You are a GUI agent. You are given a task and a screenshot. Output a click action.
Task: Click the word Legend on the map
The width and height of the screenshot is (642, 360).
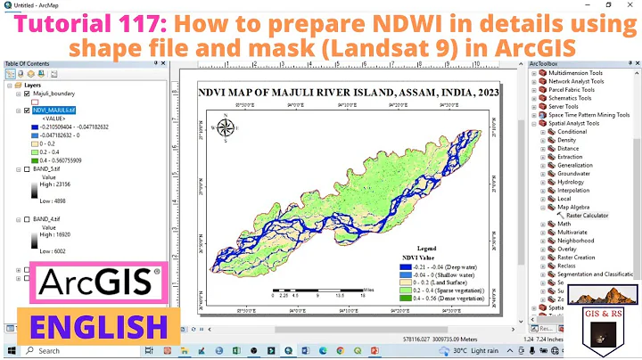(428, 248)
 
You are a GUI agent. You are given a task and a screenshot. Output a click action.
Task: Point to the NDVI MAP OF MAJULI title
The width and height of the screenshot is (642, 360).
(350, 93)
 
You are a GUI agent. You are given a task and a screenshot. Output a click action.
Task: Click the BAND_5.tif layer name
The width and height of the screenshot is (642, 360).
(46, 168)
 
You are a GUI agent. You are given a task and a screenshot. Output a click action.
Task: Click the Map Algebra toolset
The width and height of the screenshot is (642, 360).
(575, 207)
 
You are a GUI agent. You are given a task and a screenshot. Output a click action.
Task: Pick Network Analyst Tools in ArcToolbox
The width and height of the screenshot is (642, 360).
(578, 80)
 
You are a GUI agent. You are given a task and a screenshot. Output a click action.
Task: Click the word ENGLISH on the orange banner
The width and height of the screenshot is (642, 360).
(96, 324)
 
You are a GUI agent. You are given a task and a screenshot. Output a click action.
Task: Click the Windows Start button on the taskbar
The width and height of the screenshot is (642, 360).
(9, 351)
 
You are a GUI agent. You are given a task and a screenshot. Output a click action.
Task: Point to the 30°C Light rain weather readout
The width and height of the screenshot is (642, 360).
(482, 351)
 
